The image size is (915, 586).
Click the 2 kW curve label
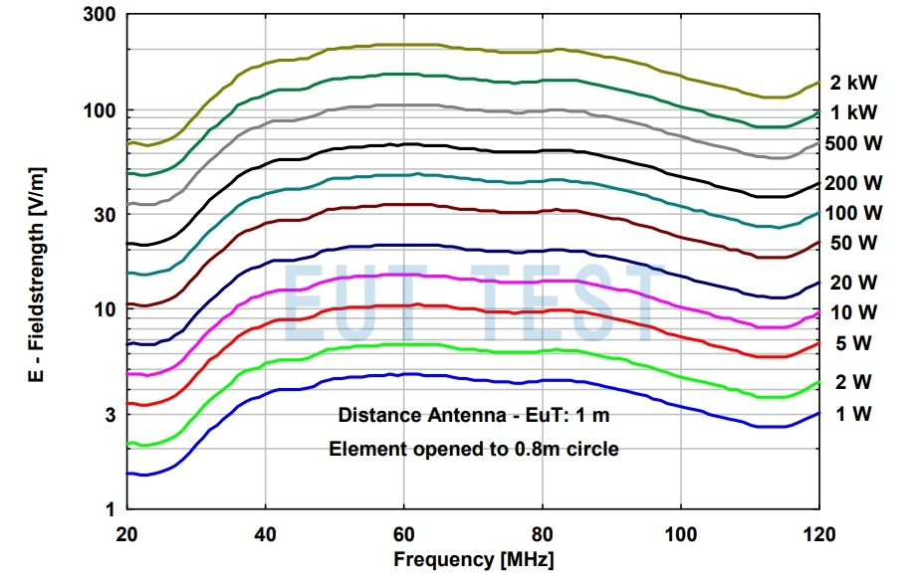click(853, 83)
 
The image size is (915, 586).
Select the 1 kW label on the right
click(853, 112)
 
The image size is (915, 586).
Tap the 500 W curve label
click(853, 143)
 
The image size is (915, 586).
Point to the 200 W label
click(853, 183)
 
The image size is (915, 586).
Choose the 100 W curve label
click(853, 213)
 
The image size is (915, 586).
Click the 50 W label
click(853, 243)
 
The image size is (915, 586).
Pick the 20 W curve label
click(853, 283)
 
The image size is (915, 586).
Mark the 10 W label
click(853, 312)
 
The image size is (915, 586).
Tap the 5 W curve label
click(853, 343)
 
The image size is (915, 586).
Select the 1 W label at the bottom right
click(853, 414)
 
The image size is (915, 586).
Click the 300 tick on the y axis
click(100, 14)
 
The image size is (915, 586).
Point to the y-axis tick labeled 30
click(106, 214)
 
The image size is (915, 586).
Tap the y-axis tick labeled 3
click(111, 415)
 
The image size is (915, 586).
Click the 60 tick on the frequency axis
click(404, 534)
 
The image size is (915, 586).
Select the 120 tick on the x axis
click(818, 534)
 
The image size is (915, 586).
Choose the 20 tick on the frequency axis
click(126, 534)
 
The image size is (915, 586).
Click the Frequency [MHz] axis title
click(473, 559)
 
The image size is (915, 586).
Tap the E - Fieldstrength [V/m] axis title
click(36, 275)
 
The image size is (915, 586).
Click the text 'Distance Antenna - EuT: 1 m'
click(474, 415)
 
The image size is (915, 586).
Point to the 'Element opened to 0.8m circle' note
click(474, 449)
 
